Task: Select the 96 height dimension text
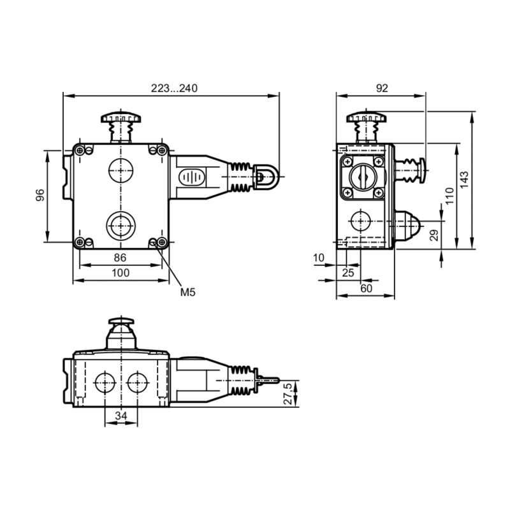[40, 196]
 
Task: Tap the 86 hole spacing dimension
[119, 258]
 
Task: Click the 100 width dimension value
[120, 273]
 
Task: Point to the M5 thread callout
[187, 293]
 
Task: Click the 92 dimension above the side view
[381, 89]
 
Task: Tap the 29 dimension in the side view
[434, 235]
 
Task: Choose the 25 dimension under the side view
[347, 273]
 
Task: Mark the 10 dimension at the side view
[319, 258]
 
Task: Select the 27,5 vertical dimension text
[288, 394]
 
